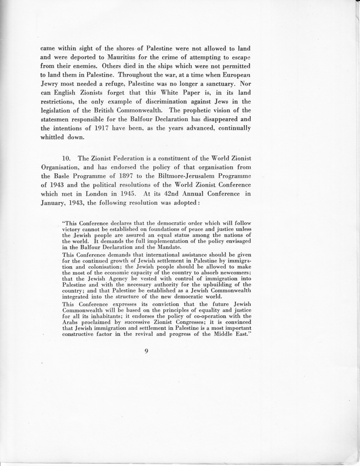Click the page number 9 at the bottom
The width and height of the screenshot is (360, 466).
tap(146, 351)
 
